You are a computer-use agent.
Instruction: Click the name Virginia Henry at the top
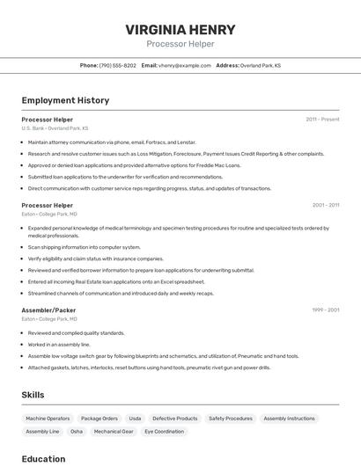[180, 29]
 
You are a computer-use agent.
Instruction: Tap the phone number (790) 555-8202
[118, 65]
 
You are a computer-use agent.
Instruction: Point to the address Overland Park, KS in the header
[261, 65]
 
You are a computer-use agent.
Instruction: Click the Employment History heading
[65, 100]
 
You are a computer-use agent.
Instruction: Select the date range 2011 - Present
[322, 119]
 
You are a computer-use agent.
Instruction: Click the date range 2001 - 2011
[326, 205]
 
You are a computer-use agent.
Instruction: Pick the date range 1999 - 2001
[326, 310]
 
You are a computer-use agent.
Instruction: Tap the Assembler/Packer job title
[48, 310]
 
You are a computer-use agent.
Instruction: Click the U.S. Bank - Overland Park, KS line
[55, 128]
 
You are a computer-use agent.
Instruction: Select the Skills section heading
[33, 395]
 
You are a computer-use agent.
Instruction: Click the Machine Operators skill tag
[48, 419]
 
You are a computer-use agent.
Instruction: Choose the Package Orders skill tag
[99, 419]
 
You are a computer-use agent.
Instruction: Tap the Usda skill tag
[135, 419]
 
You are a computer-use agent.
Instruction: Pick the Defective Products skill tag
[175, 419]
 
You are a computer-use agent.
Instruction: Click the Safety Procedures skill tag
[231, 419]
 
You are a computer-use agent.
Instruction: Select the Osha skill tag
[77, 432]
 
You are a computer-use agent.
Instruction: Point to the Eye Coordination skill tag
[165, 432]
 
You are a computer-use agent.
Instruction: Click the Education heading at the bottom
[43, 458]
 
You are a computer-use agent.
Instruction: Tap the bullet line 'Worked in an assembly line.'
[59, 345]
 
